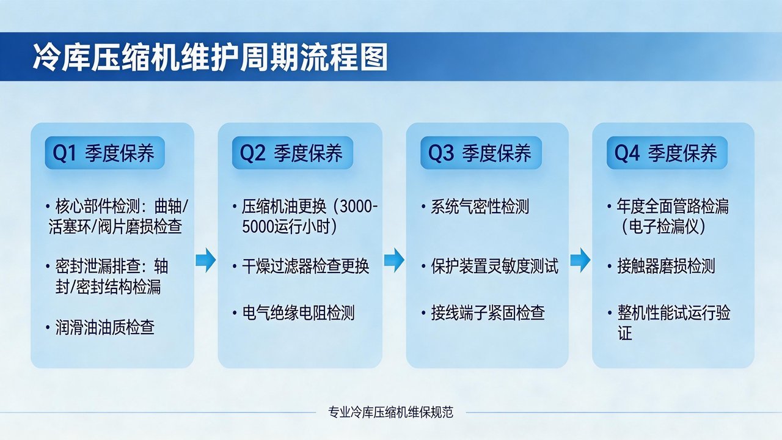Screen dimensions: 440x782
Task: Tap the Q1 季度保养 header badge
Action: (104, 153)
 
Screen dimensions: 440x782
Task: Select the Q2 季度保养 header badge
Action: (291, 153)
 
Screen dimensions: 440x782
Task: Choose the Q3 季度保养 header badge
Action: (480, 153)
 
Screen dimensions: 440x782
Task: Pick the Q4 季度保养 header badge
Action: (667, 153)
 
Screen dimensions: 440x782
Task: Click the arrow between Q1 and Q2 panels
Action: (206, 260)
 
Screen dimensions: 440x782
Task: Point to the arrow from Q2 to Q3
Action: (394, 260)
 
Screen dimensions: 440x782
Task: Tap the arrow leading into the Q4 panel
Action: (580, 260)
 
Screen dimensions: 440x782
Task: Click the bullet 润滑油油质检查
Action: (104, 328)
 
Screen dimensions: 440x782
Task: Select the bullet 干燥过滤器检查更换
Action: (305, 266)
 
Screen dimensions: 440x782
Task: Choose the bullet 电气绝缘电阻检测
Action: (298, 313)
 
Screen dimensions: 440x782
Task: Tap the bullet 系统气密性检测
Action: (480, 207)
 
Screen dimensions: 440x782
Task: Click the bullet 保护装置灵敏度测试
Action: (494, 266)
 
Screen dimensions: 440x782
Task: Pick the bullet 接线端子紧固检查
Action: (487, 313)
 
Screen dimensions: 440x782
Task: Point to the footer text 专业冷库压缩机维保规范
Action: (391, 412)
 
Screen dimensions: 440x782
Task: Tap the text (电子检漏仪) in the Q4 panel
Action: (663, 227)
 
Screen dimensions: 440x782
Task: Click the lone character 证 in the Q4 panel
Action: (624, 334)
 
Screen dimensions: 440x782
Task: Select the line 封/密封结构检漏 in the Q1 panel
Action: (108, 287)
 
